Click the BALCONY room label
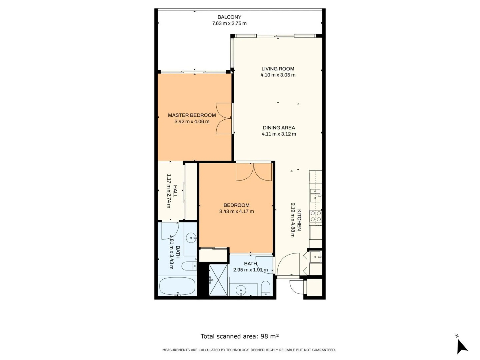coord(229,17)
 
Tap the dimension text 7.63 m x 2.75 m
coord(229,23)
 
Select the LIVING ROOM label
coord(278,69)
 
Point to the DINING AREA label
coord(279,128)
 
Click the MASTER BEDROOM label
coord(192,115)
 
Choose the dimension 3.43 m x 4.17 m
coord(236,211)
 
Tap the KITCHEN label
coord(299,220)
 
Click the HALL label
coord(175,191)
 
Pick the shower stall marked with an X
coord(218,280)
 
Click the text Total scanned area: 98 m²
coord(240,336)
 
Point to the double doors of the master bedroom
coord(224,118)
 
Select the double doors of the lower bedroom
coord(254,172)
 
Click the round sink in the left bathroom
coord(191,238)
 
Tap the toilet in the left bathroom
coord(189,266)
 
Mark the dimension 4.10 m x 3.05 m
coord(278,75)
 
